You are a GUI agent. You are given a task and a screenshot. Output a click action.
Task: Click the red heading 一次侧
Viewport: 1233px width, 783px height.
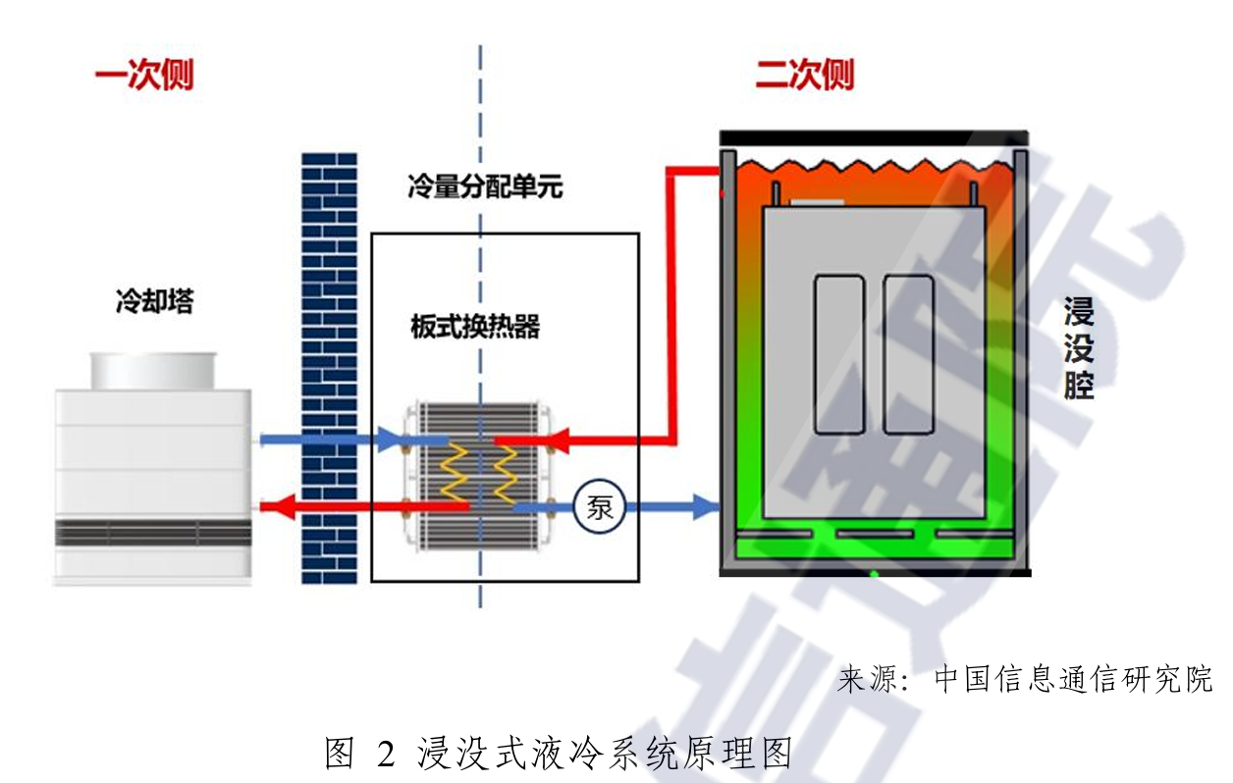click(144, 77)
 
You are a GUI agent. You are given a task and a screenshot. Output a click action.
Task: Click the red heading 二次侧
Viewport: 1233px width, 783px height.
click(804, 76)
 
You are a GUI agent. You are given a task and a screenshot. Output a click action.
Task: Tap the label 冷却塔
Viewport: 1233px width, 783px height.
click(154, 301)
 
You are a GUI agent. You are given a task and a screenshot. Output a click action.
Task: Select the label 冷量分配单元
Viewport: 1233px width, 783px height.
click(485, 186)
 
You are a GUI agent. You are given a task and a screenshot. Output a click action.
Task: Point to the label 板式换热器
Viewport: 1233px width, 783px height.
click(475, 327)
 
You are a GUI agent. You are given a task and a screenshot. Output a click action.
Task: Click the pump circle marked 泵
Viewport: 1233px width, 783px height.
click(600, 507)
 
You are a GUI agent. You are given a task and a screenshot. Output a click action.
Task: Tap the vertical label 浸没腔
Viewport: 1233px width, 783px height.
click(1079, 351)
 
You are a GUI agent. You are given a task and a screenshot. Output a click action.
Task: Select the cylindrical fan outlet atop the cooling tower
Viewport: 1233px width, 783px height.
click(153, 370)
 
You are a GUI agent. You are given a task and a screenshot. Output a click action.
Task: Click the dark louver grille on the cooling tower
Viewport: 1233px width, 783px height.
click(153, 533)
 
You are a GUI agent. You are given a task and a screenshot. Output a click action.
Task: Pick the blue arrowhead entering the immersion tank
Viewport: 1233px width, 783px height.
click(706, 507)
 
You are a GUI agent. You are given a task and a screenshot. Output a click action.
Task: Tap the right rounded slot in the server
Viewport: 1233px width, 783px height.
click(908, 354)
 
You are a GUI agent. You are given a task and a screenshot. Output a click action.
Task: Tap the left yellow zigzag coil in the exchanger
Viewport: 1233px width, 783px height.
click(456, 473)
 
